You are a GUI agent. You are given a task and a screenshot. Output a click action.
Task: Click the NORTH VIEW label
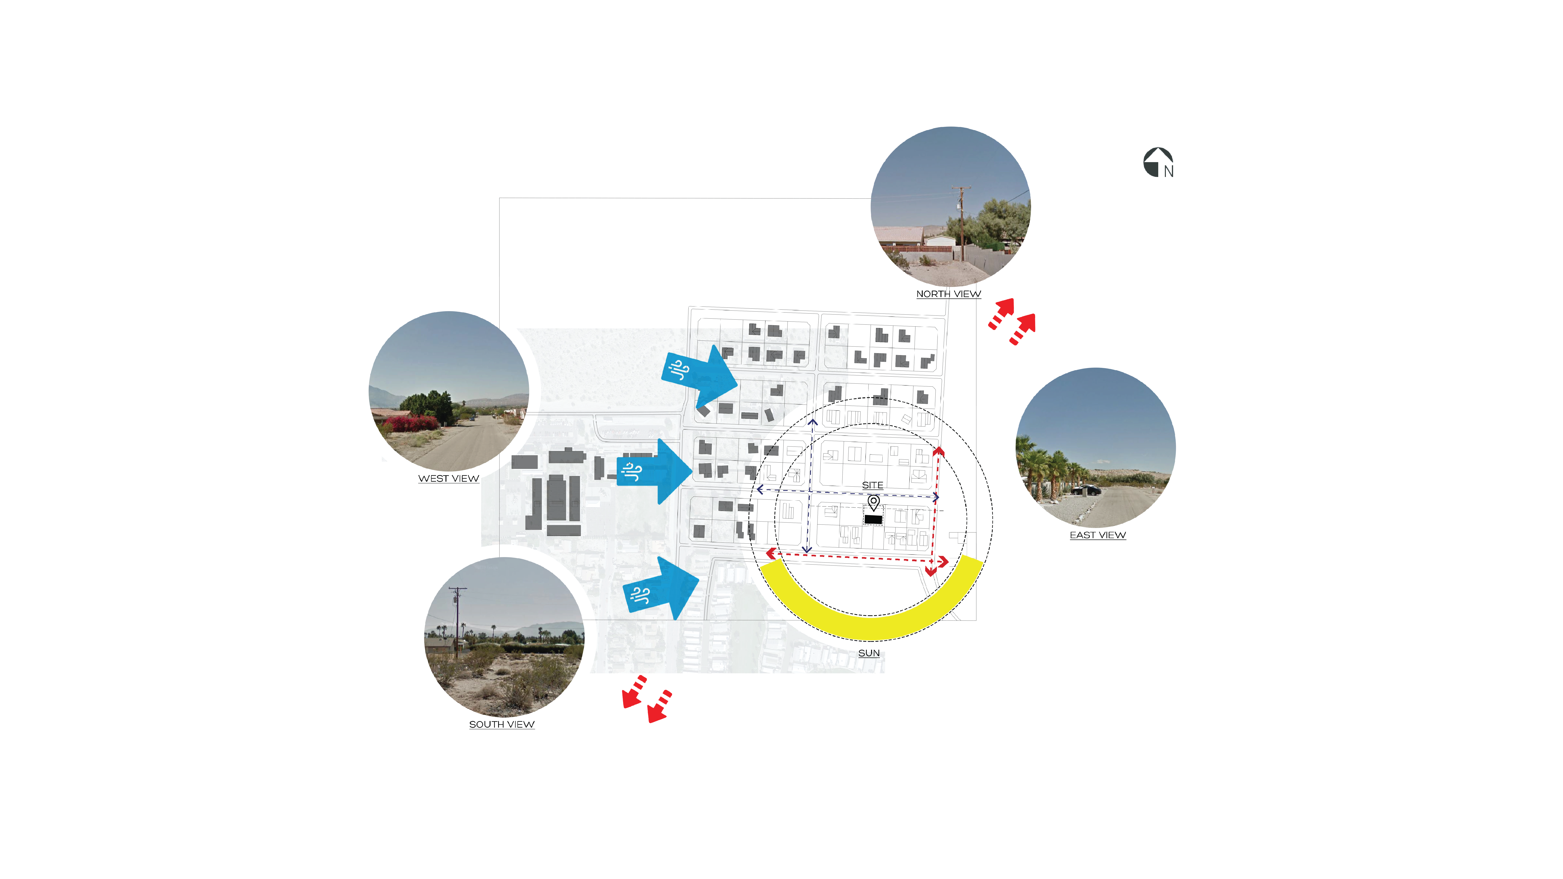point(948,294)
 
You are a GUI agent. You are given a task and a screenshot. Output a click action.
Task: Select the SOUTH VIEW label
point(502,724)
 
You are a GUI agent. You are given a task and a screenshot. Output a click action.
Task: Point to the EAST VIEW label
point(1098,535)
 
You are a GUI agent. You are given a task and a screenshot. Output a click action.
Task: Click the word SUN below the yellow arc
point(869,653)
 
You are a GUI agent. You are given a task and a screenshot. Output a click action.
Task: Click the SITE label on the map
point(872,485)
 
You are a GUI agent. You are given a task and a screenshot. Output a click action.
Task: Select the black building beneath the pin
point(873,519)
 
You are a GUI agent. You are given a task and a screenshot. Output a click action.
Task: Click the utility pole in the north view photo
point(961,223)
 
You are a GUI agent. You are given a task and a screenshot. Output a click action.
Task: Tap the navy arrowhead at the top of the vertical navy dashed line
point(812,422)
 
